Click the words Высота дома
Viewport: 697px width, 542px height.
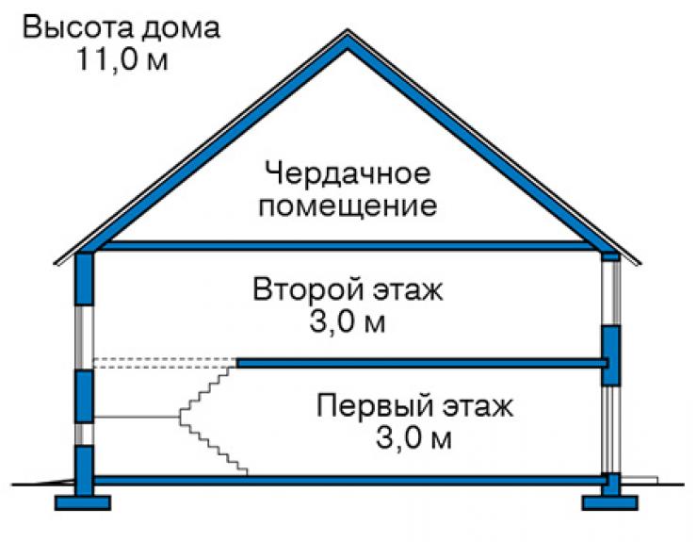(122, 28)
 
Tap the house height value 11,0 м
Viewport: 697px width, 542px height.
(122, 58)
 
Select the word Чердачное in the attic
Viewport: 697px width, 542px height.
(348, 173)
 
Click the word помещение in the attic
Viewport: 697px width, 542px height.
(348, 206)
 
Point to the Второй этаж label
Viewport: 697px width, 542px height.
(348, 290)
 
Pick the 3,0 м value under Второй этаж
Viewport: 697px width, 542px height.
(348, 321)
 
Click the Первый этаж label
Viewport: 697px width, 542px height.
(414, 406)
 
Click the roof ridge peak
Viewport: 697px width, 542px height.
(348, 30)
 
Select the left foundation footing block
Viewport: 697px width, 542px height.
(83, 502)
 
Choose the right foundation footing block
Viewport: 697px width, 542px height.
(610, 502)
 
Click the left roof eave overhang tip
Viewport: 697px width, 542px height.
(55, 264)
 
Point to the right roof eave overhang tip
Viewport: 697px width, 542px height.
(640, 264)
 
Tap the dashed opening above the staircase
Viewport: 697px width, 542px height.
(165, 363)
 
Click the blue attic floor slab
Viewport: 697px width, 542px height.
(348, 246)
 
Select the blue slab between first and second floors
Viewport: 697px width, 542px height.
(422, 363)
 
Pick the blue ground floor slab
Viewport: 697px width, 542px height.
(350, 480)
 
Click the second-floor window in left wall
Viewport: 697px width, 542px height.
(84, 337)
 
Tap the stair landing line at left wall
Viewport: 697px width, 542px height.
(136, 417)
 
